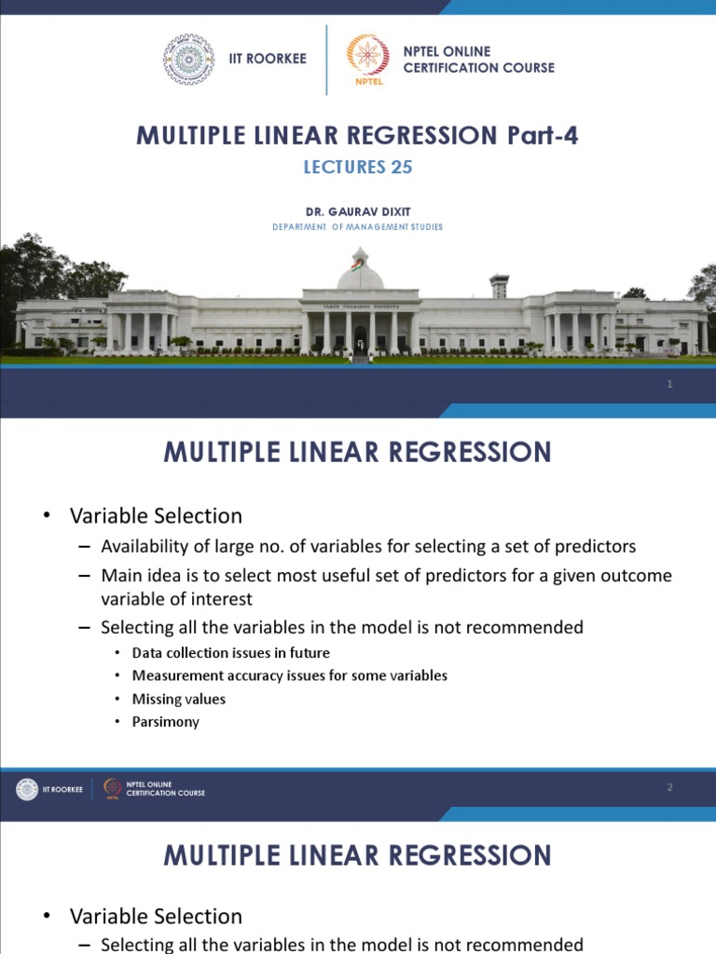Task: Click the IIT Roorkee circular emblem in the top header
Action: coord(188,60)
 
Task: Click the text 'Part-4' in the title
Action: coord(543,135)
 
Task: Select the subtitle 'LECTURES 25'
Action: coord(358,168)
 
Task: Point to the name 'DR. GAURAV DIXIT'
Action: coord(358,212)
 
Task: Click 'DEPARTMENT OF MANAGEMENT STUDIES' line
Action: coord(358,227)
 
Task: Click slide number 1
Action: coord(669,385)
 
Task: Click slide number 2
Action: coord(669,788)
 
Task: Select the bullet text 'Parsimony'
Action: coord(166,722)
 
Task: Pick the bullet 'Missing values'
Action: coord(179,699)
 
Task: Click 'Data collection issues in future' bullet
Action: coord(231,653)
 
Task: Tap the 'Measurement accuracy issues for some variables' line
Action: coord(290,675)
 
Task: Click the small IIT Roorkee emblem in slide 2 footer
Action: coord(27,789)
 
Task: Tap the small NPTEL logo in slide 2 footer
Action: coord(113,789)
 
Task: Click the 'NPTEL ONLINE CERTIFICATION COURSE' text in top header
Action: coord(478,60)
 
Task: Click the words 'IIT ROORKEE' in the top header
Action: coord(268,60)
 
